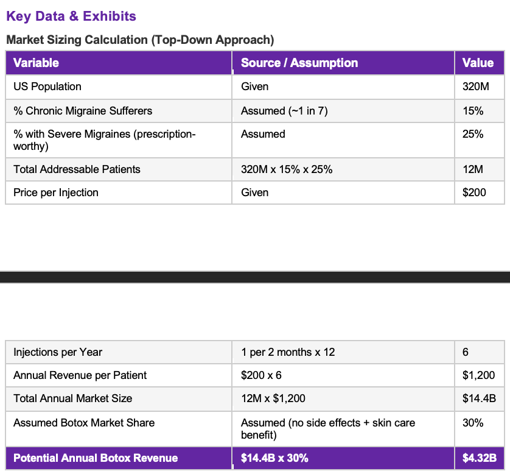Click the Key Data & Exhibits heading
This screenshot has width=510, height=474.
(x=71, y=16)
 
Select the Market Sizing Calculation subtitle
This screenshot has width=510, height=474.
(x=140, y=40)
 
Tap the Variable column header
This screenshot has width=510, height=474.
(x=36, y=63)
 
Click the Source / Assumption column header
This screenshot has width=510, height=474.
(x=299, y=63)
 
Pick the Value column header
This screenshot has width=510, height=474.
(x=478, y=63)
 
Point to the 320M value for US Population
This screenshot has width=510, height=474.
(x=475, y=87)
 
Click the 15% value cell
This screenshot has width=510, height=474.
(x=473, y=111)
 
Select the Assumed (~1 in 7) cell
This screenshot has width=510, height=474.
(x=284, y=111)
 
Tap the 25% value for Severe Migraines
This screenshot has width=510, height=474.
(x=473, y=134)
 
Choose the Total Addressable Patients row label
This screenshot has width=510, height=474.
(x=77, y=169)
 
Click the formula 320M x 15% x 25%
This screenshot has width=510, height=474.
(x=287, y=169)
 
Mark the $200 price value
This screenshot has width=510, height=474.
(x=474, y=193)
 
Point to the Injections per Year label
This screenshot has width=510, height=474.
(x=58, y=352)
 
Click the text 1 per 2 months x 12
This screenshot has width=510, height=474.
(x=288, y=352)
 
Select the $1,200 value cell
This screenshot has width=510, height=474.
(x=478, y=375)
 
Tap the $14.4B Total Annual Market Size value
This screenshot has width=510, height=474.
(x=479, y=398)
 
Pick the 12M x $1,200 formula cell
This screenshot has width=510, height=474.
(x=273, y=398)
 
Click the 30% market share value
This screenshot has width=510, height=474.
(x=473, y=423)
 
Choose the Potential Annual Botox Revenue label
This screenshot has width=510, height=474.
(x=96, y=458)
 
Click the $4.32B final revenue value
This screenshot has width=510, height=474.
(x=480, y=458)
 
